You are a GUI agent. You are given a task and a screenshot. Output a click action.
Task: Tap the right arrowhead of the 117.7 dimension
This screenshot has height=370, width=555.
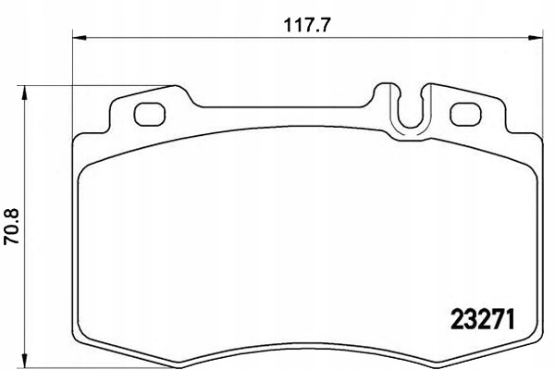539,38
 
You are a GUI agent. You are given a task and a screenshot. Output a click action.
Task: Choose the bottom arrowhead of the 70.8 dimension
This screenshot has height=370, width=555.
25,357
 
